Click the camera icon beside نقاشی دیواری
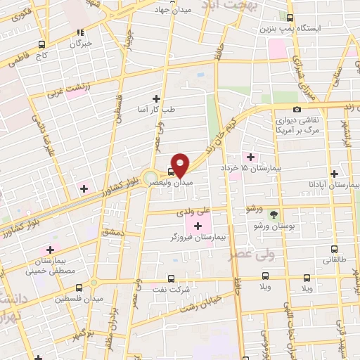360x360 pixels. coord(297,109)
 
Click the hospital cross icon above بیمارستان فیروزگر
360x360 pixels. coord(198,226)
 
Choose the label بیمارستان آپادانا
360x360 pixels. coord(333,186)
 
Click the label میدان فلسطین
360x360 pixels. coord(103,299)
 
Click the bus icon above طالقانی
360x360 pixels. coord(333,248)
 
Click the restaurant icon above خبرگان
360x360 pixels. coord(82,32)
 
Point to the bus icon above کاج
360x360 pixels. coord(42,44)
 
